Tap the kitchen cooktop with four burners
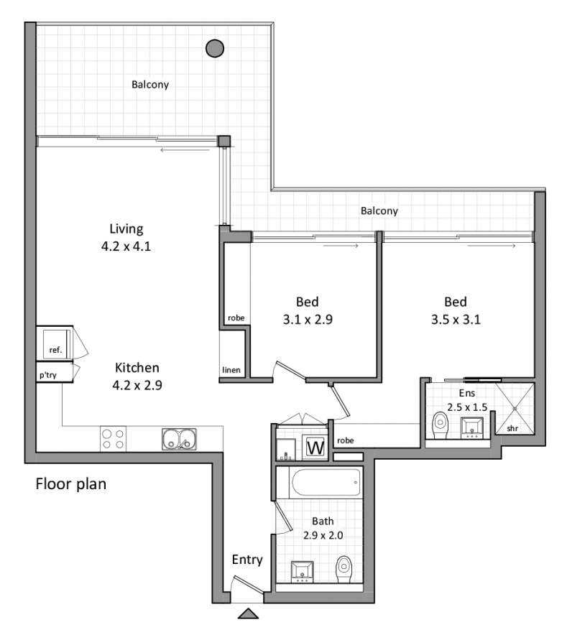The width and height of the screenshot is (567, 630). pos(113,438)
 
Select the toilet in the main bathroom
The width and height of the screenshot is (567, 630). pos(344,569)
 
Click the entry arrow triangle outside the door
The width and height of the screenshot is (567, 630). pos(247,613)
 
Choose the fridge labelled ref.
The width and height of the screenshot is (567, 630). pos(55,343)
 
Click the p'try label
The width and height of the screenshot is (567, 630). pos(48,374)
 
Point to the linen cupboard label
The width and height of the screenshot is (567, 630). pos(231,371)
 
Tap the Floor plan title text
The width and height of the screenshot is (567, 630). pos(71,484)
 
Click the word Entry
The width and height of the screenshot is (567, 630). pos(246,560)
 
